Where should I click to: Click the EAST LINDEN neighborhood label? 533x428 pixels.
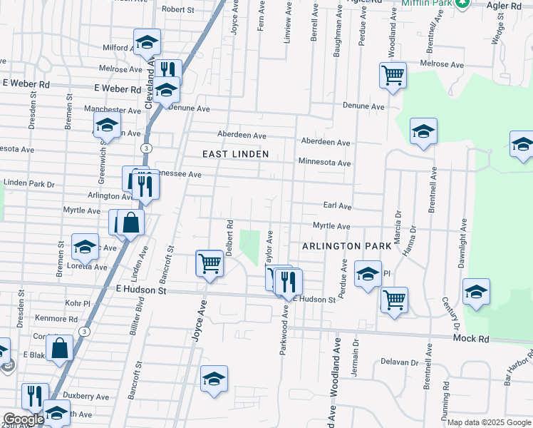[x=235, y=154]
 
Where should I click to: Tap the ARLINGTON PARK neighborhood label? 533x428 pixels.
[x=346, y=245]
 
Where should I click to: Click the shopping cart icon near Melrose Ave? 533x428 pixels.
[x=393, y=75]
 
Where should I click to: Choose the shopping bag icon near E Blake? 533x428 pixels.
[x=61, y=349]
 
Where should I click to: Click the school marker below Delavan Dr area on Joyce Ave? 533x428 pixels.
[x=213, y=379]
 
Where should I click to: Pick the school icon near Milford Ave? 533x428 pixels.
[x=147, y=43]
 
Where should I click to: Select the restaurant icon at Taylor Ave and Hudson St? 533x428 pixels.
[x=289, y=282]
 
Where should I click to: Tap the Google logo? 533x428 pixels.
[x=23, y=419]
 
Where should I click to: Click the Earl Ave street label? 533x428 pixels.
[x=337, y=205]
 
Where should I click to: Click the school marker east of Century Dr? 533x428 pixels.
[x=476, y=292]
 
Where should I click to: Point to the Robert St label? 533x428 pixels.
[x=178, y=9]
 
